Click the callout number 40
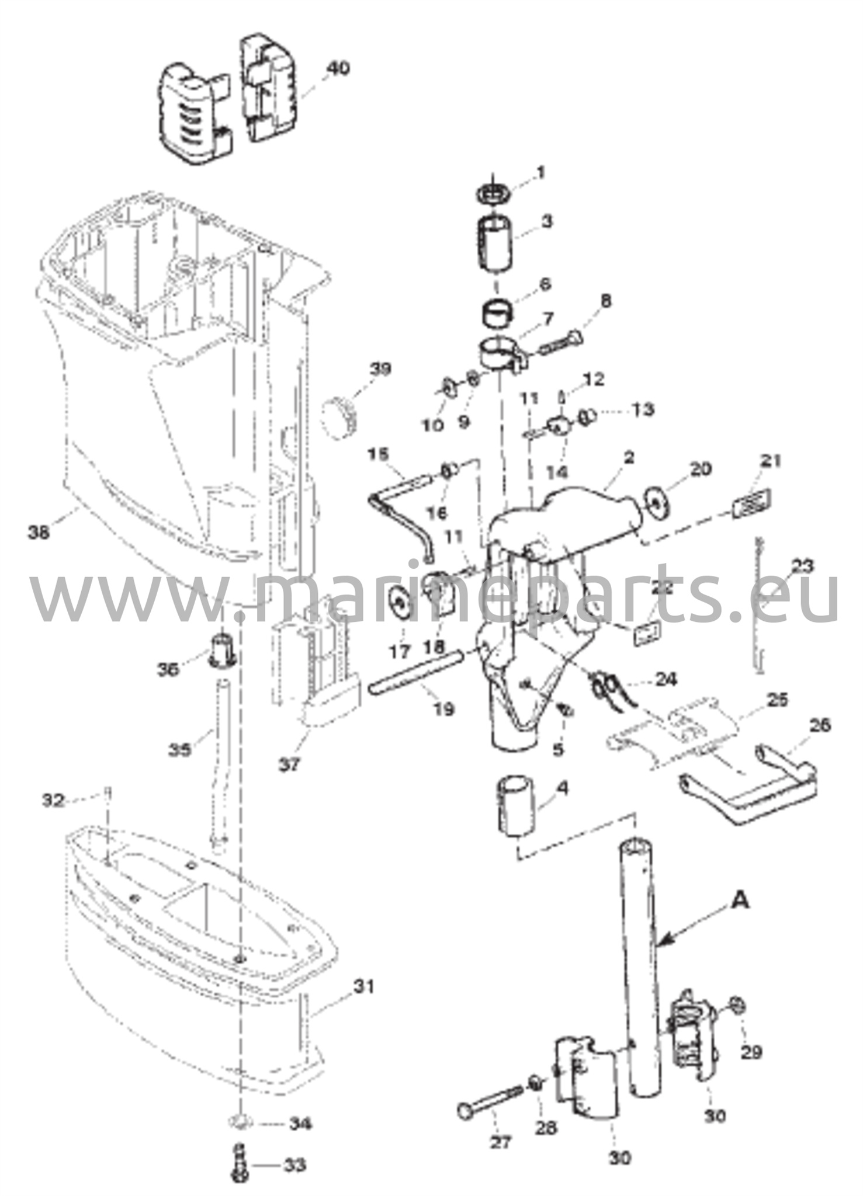click(x=338, y=68)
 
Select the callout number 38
click(x=40, y=531)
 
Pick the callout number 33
click(x=294, y=1166)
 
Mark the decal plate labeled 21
click(x=752, y=503)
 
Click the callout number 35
click(x=180, y=749)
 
